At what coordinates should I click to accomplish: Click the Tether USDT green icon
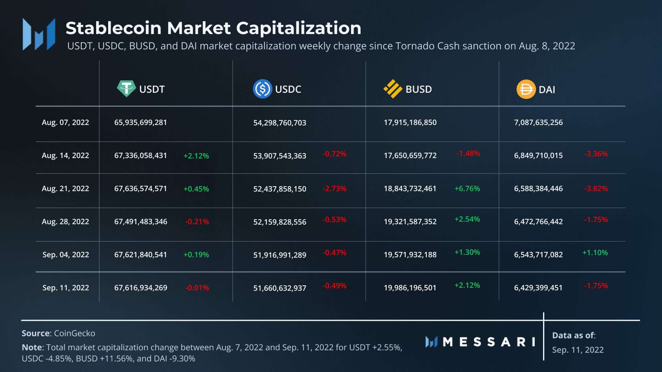[126, 89]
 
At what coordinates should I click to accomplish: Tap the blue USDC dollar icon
[262, 89]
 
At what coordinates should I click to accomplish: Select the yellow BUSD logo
[393, 89]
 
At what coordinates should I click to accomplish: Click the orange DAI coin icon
[526, 89]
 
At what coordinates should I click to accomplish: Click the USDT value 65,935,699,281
[141, 123]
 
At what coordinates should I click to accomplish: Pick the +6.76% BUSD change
[467, 189]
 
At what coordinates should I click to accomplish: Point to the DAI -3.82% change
[596, 189]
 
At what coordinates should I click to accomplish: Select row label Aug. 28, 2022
[65, 222]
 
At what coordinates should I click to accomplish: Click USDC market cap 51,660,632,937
[280, 288]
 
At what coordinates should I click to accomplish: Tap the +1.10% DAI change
[595, 253]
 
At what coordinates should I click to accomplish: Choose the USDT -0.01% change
[197, 288]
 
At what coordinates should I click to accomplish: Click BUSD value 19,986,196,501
[410, 288]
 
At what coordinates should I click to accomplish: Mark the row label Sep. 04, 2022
[66, 255]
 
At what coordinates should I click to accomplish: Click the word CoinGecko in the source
[74, 333]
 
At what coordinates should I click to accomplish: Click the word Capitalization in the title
[299, 28]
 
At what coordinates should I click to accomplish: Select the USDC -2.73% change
[334, 189]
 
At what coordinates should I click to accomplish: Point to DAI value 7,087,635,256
[538, 123]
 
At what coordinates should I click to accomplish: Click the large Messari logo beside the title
[39, 34]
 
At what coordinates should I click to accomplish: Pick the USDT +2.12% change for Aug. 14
[196, 156]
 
